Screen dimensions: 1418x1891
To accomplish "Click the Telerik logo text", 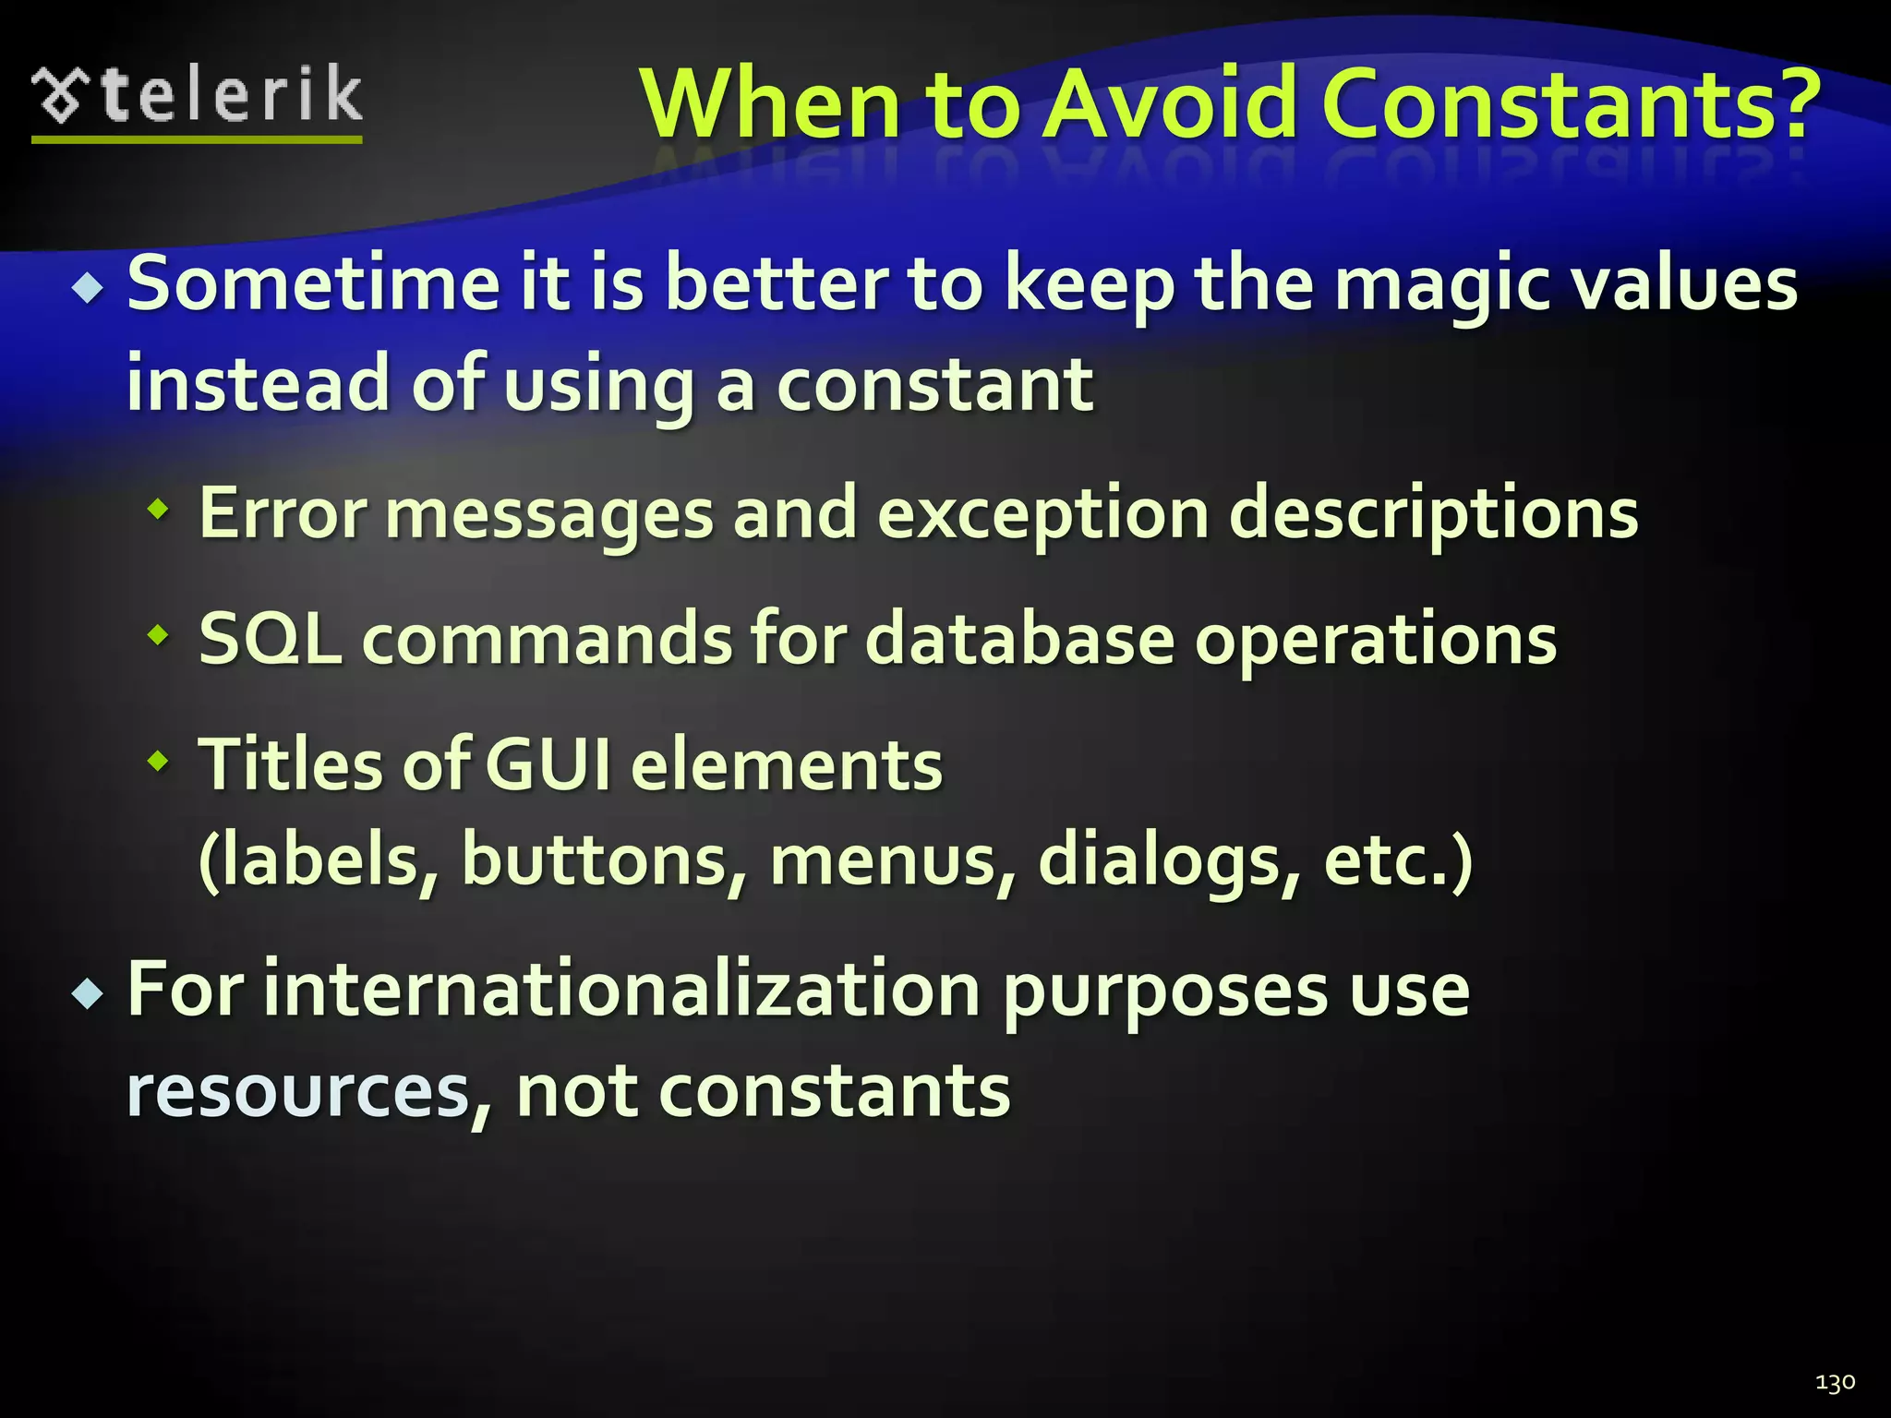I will (x=231, y=95).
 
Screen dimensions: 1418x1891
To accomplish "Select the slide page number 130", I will (x=1835, y=1382).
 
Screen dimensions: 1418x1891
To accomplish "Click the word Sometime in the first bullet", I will (x=314, y=283).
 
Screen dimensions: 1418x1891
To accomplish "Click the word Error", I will (x=283, y=513).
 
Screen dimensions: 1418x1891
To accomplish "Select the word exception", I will (x=1042, y=515).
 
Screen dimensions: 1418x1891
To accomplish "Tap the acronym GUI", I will (x=548, y=765).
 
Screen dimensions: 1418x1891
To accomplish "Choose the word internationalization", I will (x=621, y=990).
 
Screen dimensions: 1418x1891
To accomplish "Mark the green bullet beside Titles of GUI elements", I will (x=160, y=762).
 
